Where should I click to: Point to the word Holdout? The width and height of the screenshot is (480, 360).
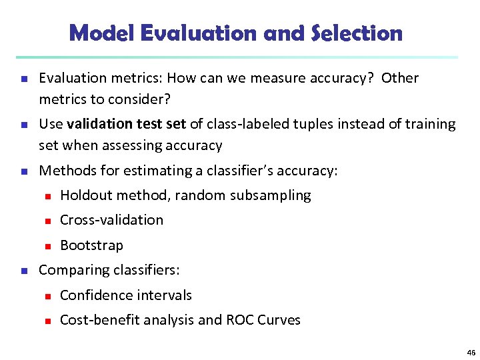86,195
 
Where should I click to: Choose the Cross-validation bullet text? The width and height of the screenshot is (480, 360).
111,220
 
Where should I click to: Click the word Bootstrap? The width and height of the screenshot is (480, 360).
91,245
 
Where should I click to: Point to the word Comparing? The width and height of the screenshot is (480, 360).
70,270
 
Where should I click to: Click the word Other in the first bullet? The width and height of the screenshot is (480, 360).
401,78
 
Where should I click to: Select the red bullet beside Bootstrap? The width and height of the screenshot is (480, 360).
48,246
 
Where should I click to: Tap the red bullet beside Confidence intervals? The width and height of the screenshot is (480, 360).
48,295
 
